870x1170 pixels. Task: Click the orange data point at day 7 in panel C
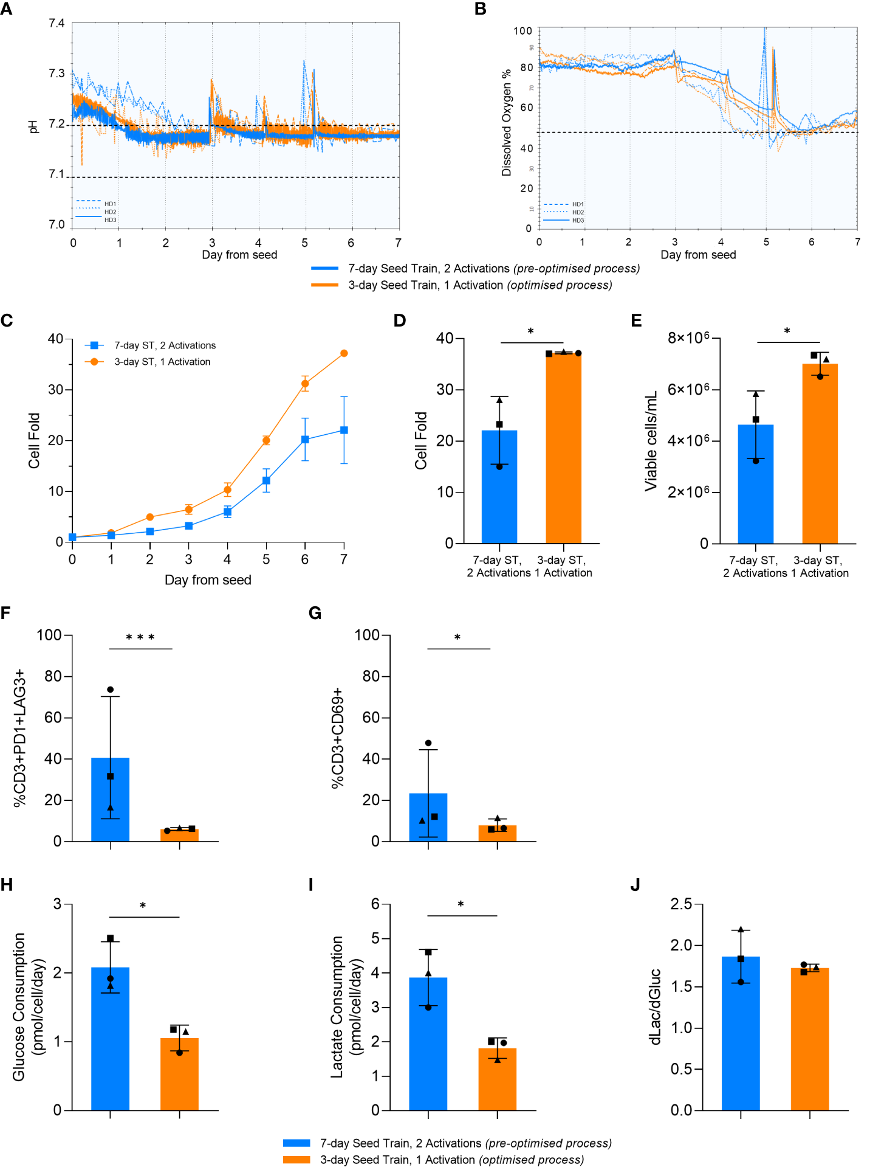click(x=344, y=353)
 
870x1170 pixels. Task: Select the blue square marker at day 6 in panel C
click(x=305, y=439)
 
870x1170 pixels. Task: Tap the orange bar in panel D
click(x=563, y=450)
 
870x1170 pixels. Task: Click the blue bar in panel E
click(x=755, y=486)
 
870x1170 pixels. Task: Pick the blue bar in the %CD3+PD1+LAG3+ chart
click(x=110, y=803)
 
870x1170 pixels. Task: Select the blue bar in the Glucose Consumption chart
click(x=110, y=1040)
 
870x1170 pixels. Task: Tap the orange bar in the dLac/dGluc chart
click(x=809, y=1040)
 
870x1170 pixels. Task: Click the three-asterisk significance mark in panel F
click(x=140, y=637)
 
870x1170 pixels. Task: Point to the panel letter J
click(x=635, y=885)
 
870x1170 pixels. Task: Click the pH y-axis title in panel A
click(x=33, y=126)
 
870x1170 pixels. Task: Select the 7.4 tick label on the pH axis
click(x=57, y=23)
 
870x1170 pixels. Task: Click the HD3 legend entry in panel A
click(x=110, y=220)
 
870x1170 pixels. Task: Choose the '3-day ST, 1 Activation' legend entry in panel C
click(x=162, y=362)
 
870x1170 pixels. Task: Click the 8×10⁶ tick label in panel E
click(x=688, y=337)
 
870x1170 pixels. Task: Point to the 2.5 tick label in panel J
click(x=681, y=904)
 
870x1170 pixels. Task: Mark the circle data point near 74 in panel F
click(x=110, y=690)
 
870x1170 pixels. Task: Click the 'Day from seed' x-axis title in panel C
click(x=208, y=580)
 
